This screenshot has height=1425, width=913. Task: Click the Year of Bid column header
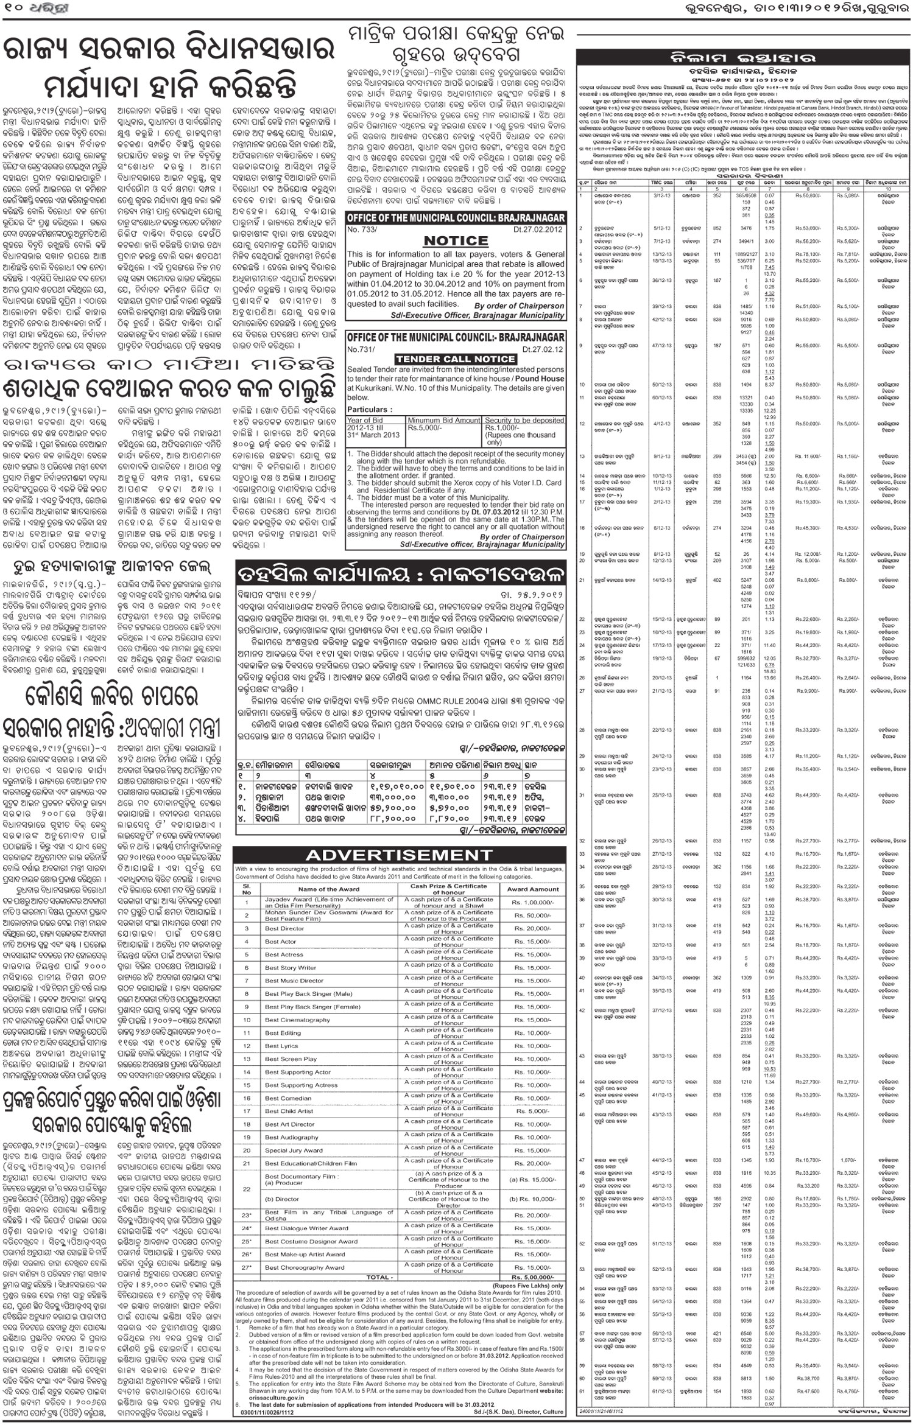(365, 420)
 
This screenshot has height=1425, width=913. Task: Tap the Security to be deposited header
(524, 420)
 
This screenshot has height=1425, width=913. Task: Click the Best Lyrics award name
(281, 1046)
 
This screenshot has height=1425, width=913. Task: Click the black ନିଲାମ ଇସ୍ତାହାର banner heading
(742, 59)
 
